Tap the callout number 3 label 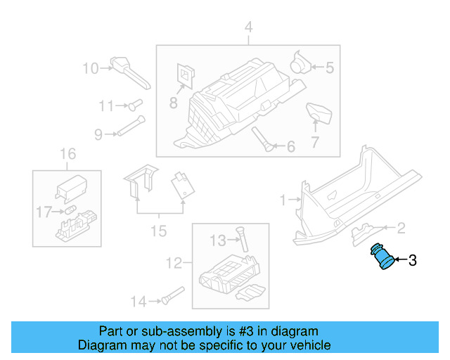pyautogui.click(x=412, y=261)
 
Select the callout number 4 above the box pyautogui.click(x=247, y=27)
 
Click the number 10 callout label pyautogui.click(x=91, y=68)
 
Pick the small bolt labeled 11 pyautogui.click(x=131, y=105)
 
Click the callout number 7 pyautogui.click(x=315, y=141)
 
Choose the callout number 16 pyautogui.click(x=67, y=154)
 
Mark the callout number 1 pyautogui.click(x=283, y=200)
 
